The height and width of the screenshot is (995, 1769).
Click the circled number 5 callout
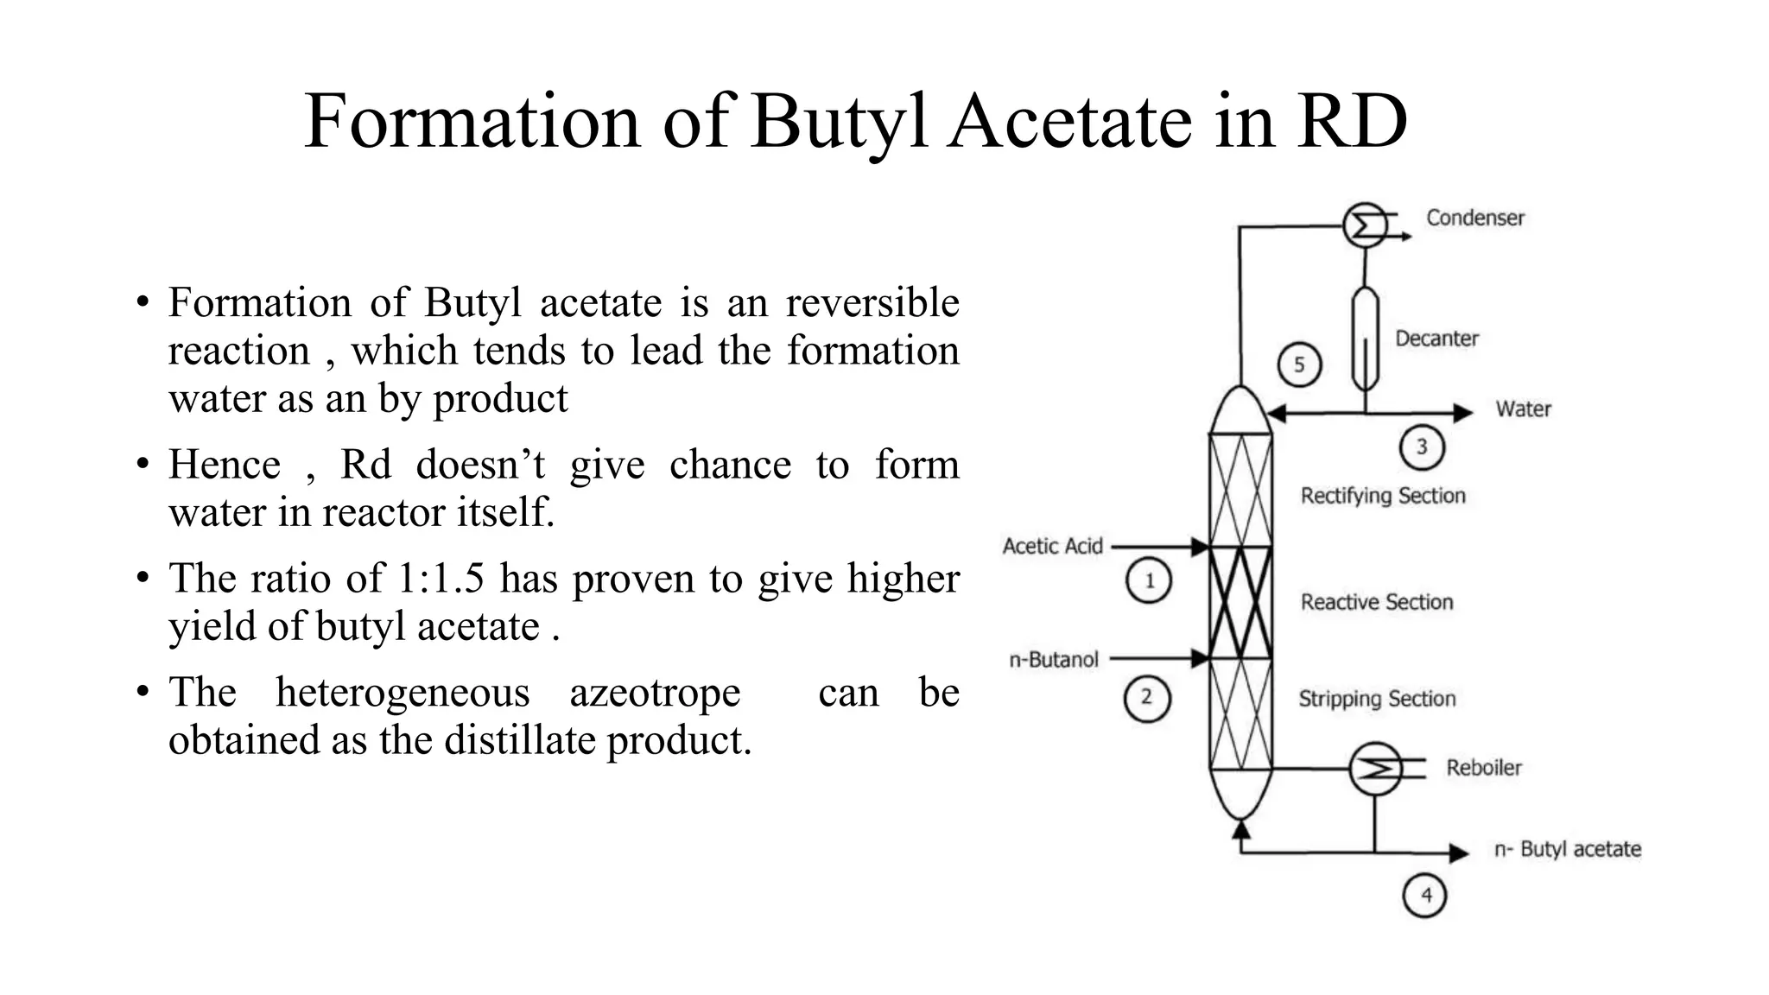[1299, 364]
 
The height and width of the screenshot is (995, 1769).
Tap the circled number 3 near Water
[1421, 447]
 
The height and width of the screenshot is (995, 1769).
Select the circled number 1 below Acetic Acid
[1149, 580]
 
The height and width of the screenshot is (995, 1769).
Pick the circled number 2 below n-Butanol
[1147, 698]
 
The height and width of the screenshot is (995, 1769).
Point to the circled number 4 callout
[1425, 896]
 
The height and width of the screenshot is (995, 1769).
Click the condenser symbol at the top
[1365, 226]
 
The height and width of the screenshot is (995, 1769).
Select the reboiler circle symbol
[1375, 768]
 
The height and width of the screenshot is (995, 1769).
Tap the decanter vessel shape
[1365, 339]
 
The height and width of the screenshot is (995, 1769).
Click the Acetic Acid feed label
[1052, 546]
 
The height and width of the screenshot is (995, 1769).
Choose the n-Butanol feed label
[1054, 660]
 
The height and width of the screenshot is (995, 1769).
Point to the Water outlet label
[1523, 409]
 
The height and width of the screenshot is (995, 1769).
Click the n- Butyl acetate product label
[1567, 849]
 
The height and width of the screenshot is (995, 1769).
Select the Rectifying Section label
[1383, 496]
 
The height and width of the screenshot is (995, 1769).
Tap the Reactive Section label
[1377, 602]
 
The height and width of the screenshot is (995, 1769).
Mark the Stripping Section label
[1377, 699]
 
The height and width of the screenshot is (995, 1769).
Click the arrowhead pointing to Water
[1463, 413]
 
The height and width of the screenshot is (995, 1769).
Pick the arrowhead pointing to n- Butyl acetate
[1459, 853]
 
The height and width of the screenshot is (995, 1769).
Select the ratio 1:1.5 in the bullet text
[441, 578]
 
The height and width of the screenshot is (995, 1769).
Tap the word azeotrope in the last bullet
[655, 692]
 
